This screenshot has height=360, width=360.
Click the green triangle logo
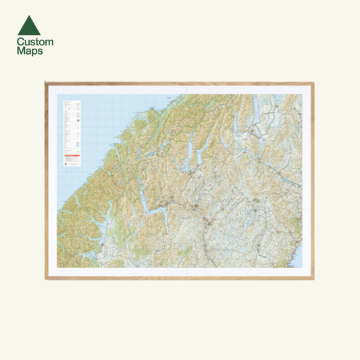tap(29, 26)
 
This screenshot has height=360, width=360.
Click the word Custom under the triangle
tap(35, 42)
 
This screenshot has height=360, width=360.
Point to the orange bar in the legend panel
tap(72, 157)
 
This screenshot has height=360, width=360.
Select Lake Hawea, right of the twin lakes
tap(200, 155)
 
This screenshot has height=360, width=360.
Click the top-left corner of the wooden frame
tap(46, 83)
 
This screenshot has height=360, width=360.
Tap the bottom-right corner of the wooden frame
tap(313, 278)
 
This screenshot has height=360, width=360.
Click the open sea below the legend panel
tap(68, 182)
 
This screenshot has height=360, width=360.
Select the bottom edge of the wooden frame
tap(180, 278)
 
